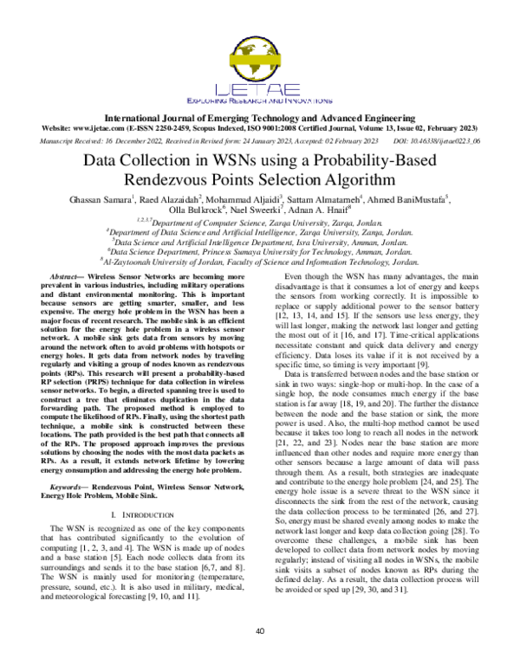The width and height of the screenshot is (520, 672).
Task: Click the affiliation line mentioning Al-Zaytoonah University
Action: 260,260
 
